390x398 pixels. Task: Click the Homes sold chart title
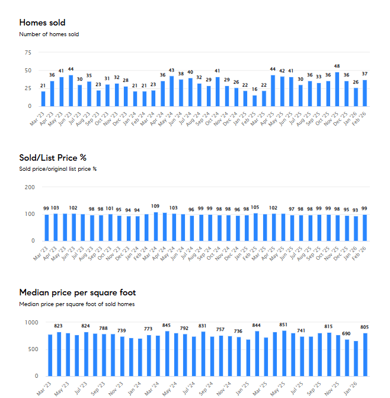42,23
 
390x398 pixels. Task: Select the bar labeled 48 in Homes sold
337,90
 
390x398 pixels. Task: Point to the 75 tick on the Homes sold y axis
27,53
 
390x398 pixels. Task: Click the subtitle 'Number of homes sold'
49,34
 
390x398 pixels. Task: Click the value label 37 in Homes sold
365,74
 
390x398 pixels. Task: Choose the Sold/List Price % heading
53,157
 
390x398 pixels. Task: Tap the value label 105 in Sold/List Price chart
254,208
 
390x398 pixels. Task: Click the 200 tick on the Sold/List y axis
29,187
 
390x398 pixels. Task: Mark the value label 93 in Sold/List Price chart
356,210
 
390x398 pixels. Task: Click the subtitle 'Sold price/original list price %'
57,169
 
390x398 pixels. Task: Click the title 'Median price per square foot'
77,292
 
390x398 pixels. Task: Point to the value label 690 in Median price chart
347,334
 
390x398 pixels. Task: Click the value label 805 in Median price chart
365,327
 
